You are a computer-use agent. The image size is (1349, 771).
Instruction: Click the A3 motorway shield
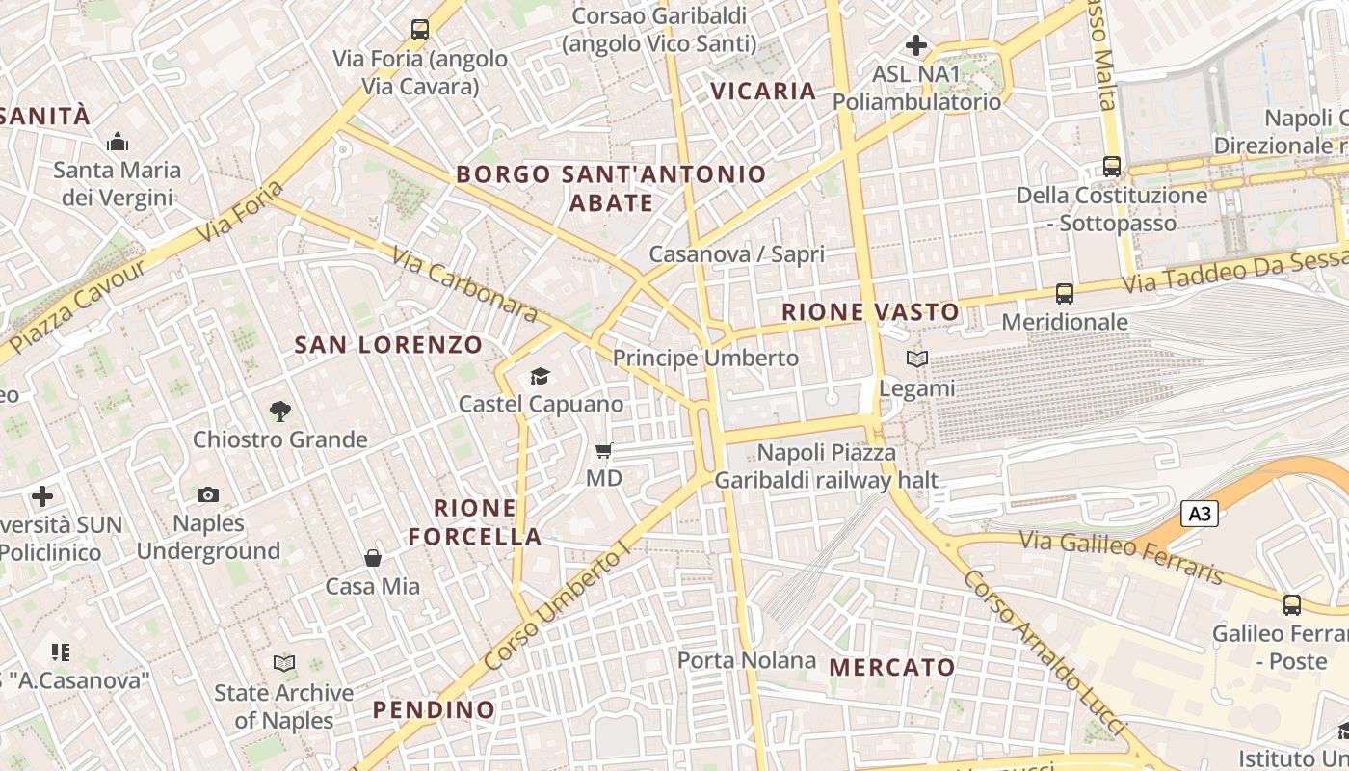(x=1200, y=514)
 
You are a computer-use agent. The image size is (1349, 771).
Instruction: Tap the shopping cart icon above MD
(x=604, y=450)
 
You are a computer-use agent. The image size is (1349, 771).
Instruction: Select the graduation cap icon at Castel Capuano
(x=540, y=376)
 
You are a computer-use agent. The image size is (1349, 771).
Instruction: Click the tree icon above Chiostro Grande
(x=280, y=412)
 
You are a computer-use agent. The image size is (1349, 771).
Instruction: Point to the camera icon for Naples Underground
(x=207, y=495)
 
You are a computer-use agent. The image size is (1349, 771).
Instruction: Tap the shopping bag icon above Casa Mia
(x=373, y=558)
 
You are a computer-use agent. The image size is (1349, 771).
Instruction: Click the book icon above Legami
(x=916, y=359)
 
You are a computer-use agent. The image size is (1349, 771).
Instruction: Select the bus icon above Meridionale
(x=1065, y=293)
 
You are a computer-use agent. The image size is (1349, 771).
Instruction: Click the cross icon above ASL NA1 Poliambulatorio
(x=916, y=45)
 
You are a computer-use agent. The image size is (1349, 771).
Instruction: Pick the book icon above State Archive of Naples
(x=283, y=663)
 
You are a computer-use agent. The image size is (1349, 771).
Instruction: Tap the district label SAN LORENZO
(x=388, y=345)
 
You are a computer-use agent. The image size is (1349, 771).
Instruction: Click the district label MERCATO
(x=892, y=667)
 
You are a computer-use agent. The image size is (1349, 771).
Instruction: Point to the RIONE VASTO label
(x=870, y=312)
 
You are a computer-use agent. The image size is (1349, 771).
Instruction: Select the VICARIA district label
(x=763, y=92)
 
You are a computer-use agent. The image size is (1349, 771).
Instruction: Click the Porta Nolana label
(x=747, y=660)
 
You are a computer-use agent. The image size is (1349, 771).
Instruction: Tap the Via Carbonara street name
(x=464, y=284)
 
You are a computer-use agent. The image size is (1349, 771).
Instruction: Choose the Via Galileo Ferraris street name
(x=1122, y=558)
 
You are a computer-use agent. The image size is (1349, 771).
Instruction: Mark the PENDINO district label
(x=434, y=710)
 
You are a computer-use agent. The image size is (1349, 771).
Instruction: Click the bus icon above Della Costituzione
(x=1112, y=167)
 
